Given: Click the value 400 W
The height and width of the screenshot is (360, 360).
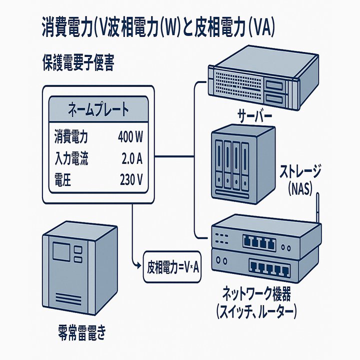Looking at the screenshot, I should tap(130, 136).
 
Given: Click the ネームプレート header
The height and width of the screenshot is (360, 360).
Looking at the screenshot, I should tap(97, 109).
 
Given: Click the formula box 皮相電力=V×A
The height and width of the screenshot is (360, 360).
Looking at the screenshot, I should tap(171, 267).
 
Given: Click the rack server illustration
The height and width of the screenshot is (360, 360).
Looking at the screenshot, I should tap(252, 80).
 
